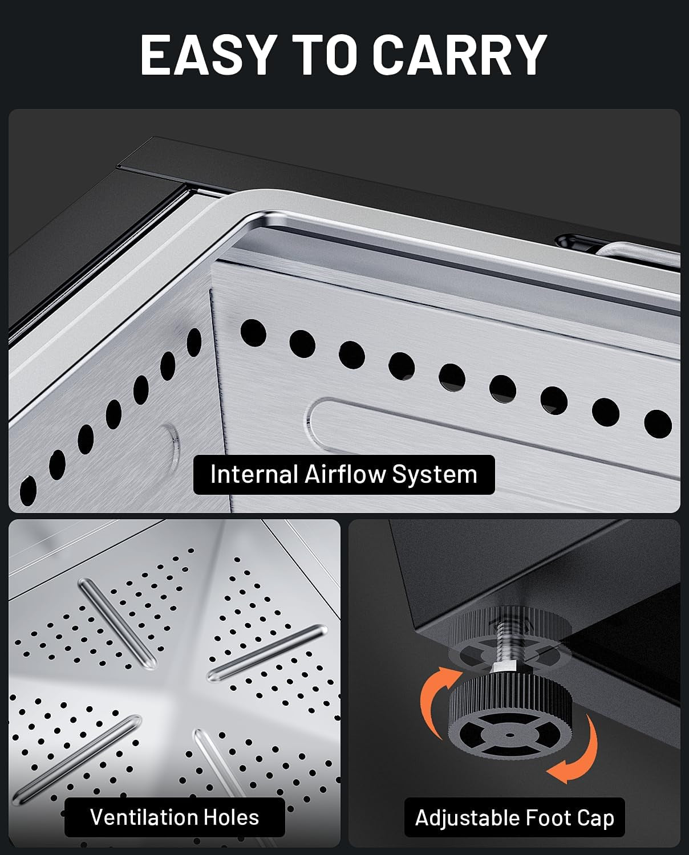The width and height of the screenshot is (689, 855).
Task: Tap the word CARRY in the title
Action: click(460, 54)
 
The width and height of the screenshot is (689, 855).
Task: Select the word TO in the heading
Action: click(325, 54)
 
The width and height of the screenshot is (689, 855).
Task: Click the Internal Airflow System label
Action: click(344, 475)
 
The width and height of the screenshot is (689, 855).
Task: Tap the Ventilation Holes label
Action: click(175, 817)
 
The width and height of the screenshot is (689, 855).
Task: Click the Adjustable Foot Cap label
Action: click(514, 817)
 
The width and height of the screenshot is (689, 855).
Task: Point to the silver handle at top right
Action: click(636, 254)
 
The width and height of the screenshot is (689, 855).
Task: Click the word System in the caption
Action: click(435, 475)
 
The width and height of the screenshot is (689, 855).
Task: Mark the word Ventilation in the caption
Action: click(144, 817)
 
